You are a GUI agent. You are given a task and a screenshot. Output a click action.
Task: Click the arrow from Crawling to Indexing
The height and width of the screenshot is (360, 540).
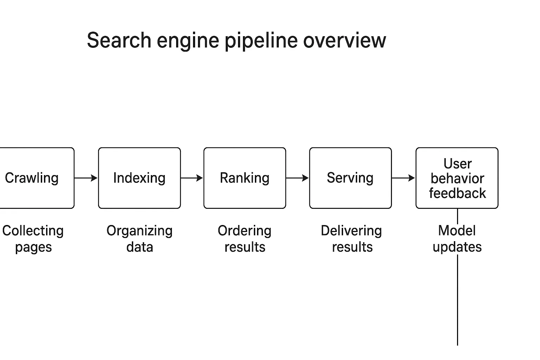86,178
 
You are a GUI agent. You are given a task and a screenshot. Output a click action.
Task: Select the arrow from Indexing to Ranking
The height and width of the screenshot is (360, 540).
192,178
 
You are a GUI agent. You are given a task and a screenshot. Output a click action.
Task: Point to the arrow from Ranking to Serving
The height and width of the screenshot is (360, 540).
297,178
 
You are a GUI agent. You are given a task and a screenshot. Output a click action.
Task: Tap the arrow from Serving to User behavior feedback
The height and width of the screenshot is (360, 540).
403,178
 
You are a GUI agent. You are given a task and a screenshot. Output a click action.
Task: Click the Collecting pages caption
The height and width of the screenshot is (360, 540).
33,239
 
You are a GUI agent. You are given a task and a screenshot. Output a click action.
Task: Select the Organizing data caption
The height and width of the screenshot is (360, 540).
140,239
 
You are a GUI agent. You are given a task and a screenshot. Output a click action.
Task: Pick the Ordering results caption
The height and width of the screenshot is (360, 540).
245,239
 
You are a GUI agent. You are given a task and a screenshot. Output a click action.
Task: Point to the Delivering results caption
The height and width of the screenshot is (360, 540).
352,239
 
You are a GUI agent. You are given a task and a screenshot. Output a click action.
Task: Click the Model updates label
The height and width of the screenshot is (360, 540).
457,239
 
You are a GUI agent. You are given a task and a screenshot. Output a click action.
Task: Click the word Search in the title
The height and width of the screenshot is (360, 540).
119,40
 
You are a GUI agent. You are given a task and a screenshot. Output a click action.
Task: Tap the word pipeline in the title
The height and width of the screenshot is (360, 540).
262,41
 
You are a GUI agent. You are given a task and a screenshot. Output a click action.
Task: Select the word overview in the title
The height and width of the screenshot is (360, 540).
345,40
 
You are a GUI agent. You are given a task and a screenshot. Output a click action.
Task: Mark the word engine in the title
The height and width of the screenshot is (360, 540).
188,41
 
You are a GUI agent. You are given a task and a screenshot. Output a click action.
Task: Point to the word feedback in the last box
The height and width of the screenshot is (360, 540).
457,193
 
